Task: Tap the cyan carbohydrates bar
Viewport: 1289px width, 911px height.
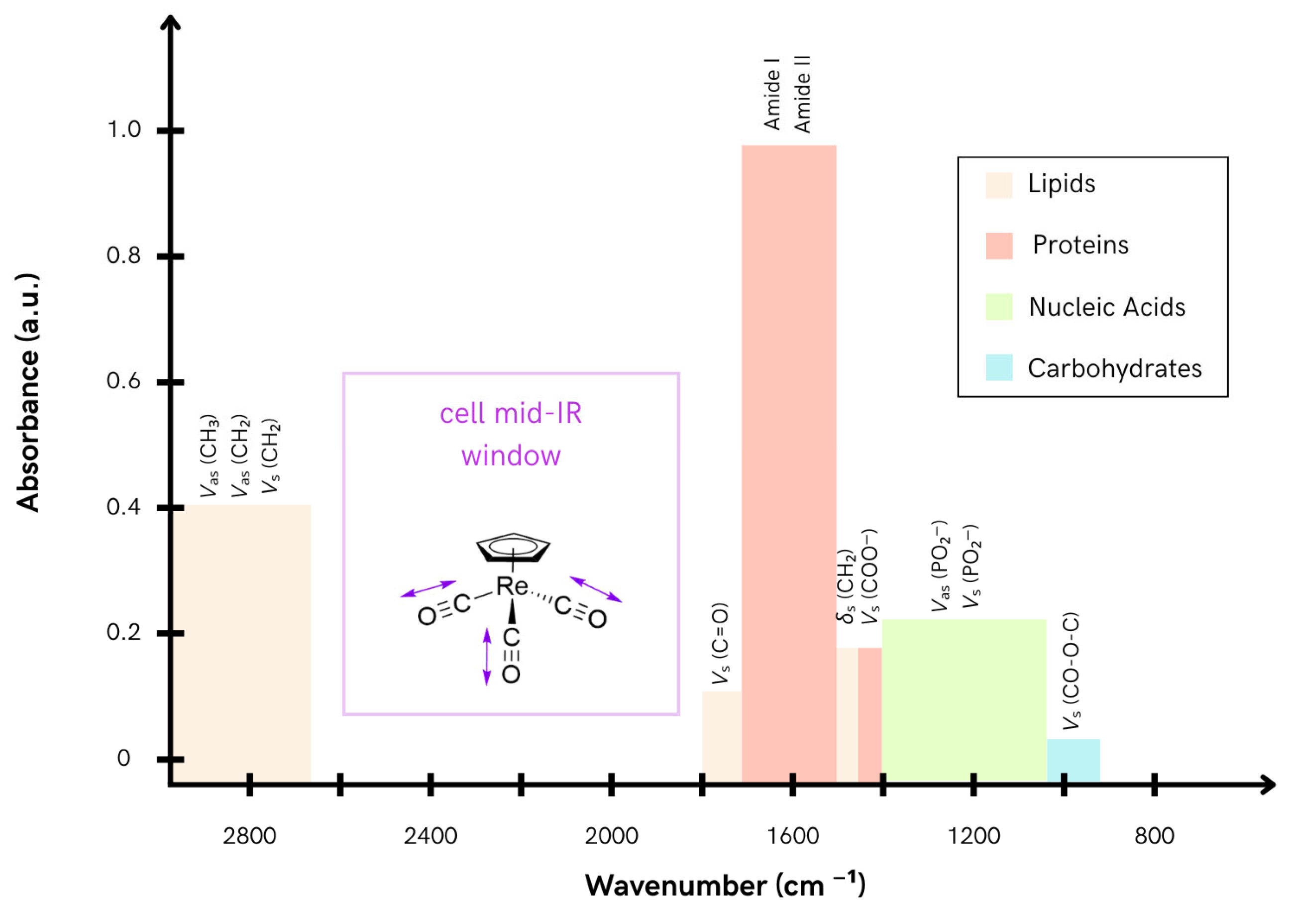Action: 1073,761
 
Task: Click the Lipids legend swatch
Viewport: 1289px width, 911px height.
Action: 999,185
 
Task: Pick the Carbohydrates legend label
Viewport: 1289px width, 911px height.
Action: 1114,368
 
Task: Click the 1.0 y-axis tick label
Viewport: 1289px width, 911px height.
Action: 123,130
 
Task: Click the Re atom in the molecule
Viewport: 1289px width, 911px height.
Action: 512,586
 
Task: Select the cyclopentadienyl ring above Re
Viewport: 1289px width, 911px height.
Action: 513,547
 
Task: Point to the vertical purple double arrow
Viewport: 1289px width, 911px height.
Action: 487,657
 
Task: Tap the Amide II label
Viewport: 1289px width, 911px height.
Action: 802,95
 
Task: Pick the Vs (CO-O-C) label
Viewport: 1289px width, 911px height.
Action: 1071,671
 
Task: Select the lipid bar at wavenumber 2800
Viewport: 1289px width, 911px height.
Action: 241,644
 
